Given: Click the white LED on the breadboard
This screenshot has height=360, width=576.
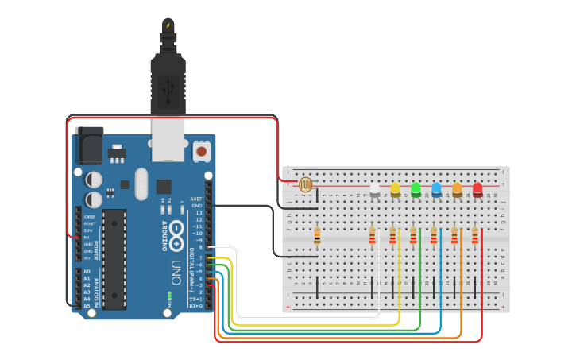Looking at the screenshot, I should click(x=375, y=188).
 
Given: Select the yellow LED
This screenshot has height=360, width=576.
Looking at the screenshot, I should click(x=396, y=188).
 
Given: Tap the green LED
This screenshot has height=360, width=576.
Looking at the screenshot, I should click(x=416, y=188).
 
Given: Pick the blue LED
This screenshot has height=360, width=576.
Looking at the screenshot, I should click(x=436, y=188).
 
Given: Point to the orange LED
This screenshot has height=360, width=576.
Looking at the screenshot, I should click(x=457, y=188).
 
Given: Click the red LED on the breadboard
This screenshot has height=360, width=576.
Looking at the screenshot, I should click(x=477, y=188).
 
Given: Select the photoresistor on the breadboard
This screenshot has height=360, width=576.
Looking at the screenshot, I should click(x=306, y=184).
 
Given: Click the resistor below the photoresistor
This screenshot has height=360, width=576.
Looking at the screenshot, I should click(x=317, y=235).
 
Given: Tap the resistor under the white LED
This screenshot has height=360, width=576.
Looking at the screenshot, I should click(x=372, y=235).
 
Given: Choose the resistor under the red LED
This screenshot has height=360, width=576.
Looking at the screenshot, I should click(x=475, y=235).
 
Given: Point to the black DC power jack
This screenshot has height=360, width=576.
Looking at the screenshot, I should click(x=89, y=146).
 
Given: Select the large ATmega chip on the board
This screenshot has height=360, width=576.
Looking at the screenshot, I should click(x=114, y=259).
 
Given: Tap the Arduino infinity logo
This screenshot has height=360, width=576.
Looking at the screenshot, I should click(x=176, y=234).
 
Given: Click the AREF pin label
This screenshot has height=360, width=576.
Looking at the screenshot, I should click(x=196, y=199).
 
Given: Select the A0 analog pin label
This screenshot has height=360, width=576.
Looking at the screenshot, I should click(x=87, y=272).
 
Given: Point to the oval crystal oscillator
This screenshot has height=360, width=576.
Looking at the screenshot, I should click(x=141, y=184).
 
